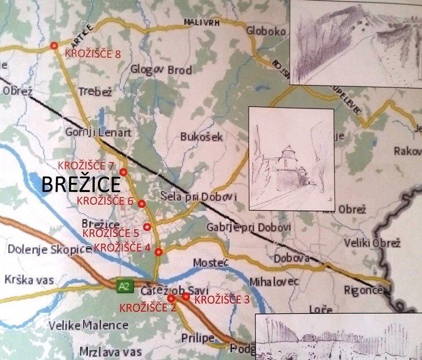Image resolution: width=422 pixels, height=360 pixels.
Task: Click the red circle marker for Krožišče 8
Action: pyautogui.click(x=54, y=45)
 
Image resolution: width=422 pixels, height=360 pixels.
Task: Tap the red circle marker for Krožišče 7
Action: pyautogui.click(x=123, y=172)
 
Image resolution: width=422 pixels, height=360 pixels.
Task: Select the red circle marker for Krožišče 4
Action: pyautogui.click(x=159, y=252)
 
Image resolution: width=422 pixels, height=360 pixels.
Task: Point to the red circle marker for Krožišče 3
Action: pyautogui.click(x=186, y=296)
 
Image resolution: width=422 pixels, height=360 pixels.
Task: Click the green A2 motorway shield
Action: pyautogui.click(x=123, y=286)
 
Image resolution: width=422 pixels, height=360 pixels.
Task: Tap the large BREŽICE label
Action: pyautogui.click(x=81, y=185)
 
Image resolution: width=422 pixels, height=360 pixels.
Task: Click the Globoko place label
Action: pyautogui.click(x=266, y=31)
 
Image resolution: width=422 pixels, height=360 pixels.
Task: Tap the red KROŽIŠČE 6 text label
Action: pyautogui.click(x=105, y=200)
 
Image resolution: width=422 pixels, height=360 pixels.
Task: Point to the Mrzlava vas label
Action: pyautogui.click(x=110, y=351)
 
